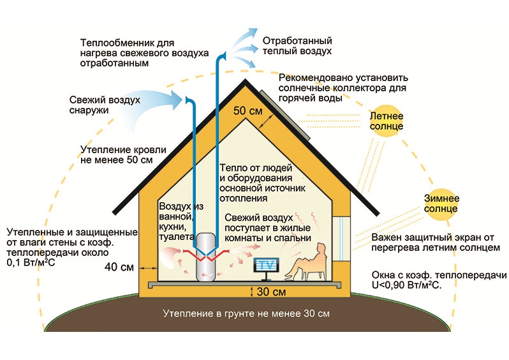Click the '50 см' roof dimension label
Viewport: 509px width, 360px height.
tap(247, 110)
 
